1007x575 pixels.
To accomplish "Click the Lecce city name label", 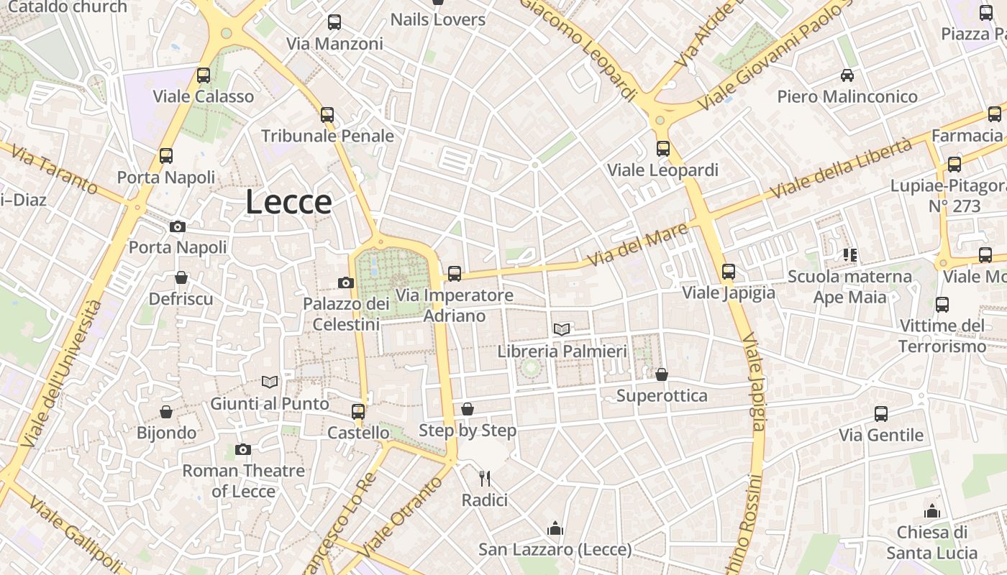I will coord(288,202).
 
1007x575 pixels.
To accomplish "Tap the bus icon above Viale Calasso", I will coord(204,75).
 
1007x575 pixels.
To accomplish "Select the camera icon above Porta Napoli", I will coord(178,226).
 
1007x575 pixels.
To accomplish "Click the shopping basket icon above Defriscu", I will coord(181,277).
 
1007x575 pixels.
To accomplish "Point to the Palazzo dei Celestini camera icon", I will coord(346,282).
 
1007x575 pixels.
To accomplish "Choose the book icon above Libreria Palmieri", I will coord(562,329).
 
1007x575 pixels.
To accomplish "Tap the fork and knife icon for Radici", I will coord(485,478).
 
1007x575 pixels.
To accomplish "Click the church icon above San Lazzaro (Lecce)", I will coord(555,529).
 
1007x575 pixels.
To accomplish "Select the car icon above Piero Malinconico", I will coord(847,75).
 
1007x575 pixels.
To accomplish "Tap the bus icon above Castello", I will coord(358,411).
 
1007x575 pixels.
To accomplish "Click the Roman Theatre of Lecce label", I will coord(243,481).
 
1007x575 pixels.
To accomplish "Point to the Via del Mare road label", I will coord(637,244).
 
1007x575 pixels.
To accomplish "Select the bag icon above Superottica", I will coord(662,374).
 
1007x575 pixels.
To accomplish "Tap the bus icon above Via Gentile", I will coord(881,414).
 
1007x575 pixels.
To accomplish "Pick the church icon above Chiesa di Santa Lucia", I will coord(932,511).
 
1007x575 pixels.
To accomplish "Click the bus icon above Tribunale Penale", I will coord(327,114).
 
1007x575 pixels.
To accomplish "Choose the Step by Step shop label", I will coord(468,431).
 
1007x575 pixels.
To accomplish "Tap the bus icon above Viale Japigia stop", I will coord(729,272).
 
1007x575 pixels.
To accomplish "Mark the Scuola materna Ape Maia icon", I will coord(850,254).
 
